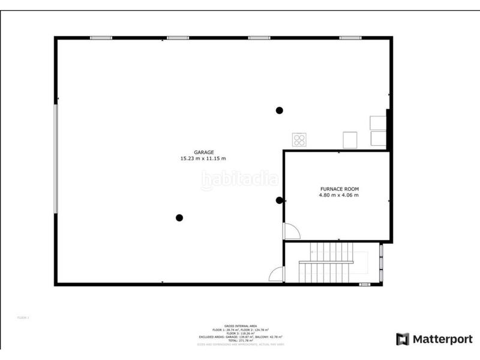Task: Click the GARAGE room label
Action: pos(203,152)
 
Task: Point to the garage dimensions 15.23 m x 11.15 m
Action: pos(203,158)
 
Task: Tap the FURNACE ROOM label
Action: pos(339,189)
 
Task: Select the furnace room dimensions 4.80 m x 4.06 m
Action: pos(339,195)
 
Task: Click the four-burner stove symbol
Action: pos(299,140)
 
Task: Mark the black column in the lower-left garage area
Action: pos(179,218)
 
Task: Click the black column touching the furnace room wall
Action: pos(279,200)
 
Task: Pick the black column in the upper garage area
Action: pos(279,110)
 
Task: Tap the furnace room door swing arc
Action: pos(292,231)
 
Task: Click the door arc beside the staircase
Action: pos(277,274)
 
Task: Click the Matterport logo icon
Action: pos(403,339)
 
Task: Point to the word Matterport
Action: pos(443,339)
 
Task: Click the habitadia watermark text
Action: pos(239,179)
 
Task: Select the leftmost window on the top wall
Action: pos(101,38)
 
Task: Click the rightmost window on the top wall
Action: pos(350,38)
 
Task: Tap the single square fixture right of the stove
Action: pos(350,140)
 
